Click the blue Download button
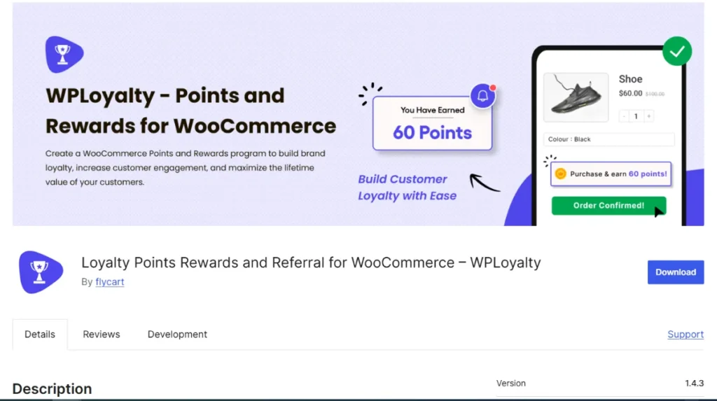[x=676, y=272]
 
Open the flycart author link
[x=110, y=281]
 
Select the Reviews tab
[x=101, y=335]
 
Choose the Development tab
[x=177, y=335]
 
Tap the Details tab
[x=40, y=335]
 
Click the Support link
[x=685, y=335]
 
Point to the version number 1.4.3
[x=694, y=384]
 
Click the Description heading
[x=52, y=388]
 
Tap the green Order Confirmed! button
[x=608, y=205]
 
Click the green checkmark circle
[x=677, y=51]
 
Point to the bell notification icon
[x=483, y=96]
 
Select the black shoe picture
[x=576, y=97]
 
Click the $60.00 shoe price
[x=630, y=93]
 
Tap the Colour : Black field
[x=608, y=139]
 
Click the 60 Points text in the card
[x=432, y=132]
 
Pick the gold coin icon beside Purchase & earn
[x=561, y=174]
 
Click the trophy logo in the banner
[x=64, y=55]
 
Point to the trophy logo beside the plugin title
[x=40, y=272]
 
